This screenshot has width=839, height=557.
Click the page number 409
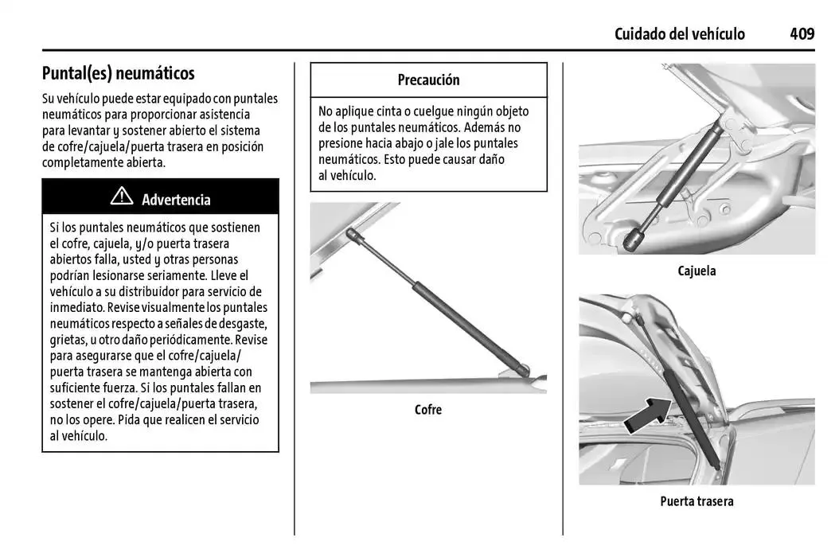(802, 33)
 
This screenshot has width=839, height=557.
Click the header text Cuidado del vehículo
(679, 33)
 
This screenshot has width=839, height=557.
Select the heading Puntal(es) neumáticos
(118, 74)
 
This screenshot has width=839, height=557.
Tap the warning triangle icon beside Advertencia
(122, 197)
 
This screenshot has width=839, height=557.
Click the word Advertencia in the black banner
(176, 200)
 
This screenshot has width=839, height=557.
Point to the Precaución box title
(428, 80)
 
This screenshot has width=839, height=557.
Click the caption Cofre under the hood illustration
(427, 410)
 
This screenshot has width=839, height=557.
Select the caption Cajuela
(697, 271)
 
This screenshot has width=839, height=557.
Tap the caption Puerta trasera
(697, 501)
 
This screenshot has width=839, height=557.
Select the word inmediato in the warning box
(78, 307)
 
